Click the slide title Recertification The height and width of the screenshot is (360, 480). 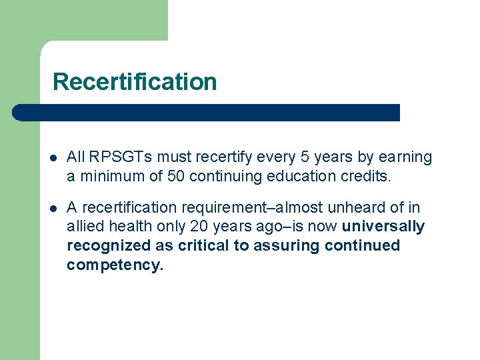pos(135,82)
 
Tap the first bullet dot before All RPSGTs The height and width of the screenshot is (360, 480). pos(53,159)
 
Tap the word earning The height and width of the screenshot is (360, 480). pos(405,157)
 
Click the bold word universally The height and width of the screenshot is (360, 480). pos(383,227)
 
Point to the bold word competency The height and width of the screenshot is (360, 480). pos(115,266)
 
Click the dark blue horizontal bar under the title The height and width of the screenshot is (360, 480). pos(207,113)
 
